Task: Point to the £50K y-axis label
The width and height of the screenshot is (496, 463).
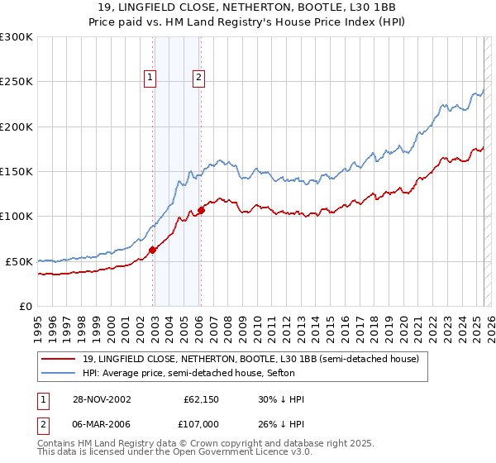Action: tap(18, 261)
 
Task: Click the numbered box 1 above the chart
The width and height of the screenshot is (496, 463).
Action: tap(150, 79)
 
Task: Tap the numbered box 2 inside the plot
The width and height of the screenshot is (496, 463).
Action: tap(199, 79)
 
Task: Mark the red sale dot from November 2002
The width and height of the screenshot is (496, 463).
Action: tap(153, 251)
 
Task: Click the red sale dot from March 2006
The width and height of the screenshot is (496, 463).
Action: tap(201, 210)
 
